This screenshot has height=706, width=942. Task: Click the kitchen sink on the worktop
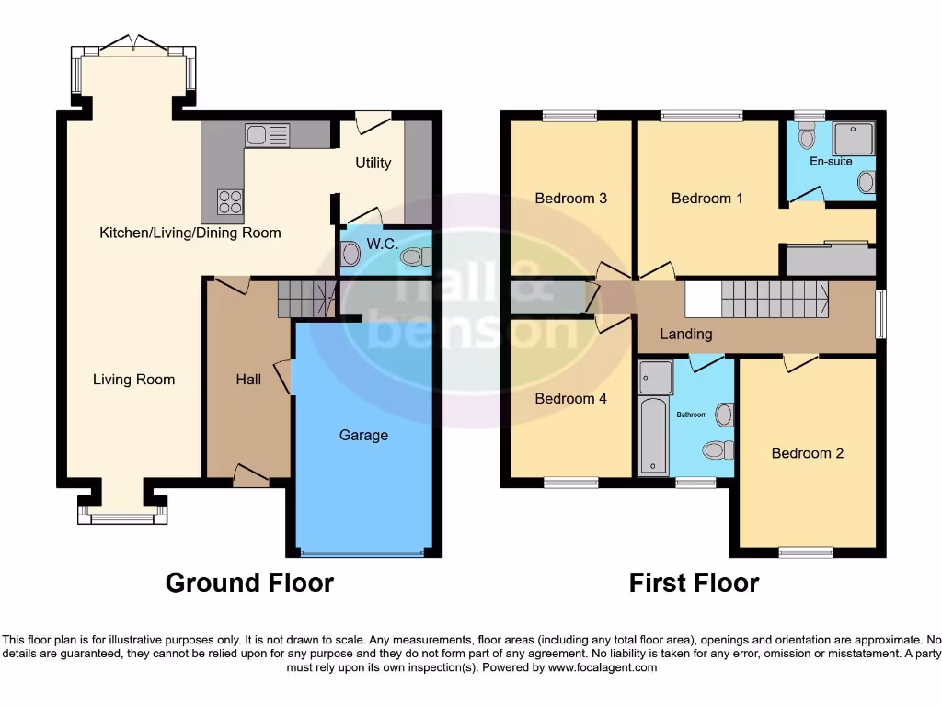click(267, 135)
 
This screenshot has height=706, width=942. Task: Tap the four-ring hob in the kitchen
click(229, 200)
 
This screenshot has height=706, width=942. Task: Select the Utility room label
click(373, 163)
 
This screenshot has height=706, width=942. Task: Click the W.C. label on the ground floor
click(381, 245)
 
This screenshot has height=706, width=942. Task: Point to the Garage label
click(363, 435)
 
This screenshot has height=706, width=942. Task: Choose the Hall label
click(248, 379)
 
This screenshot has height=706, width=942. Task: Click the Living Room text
click(133, 379)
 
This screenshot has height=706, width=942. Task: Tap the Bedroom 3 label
click(570, 198)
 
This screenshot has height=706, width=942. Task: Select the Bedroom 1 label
click(706, 198)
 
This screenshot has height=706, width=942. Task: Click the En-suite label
click(831, 162)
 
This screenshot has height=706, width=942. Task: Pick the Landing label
click(686, 334)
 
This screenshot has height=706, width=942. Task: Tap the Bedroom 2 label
click(807, 452)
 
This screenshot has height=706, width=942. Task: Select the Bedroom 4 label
click(570, 398)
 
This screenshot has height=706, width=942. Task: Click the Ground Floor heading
click(249, 583)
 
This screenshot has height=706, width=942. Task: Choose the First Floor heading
click(694, 583)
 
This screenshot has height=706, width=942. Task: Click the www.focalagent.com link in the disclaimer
click(603, 667)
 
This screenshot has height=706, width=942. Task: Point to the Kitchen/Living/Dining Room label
click(190, 233)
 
